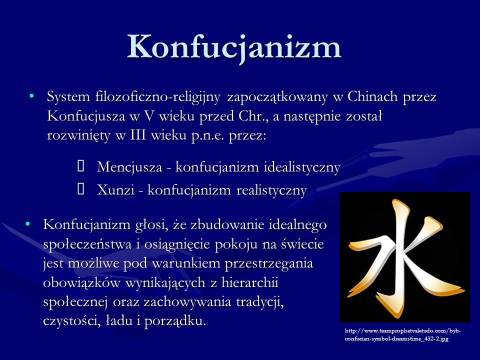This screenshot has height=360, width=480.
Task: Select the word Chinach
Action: (372, 96)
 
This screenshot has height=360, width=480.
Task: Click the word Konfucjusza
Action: (86, 116)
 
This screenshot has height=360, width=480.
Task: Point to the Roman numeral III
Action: (138, 135)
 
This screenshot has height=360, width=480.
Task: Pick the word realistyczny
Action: (272, 190)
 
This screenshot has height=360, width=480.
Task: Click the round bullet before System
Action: (31, 96)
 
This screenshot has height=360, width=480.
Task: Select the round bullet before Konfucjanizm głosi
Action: (28, 224)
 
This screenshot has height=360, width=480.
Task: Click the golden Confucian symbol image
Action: (405, 257)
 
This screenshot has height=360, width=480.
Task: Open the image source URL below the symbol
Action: (403, 335)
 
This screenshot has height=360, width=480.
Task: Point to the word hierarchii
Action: (250, 282)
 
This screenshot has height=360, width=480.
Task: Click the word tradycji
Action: (260, 302)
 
